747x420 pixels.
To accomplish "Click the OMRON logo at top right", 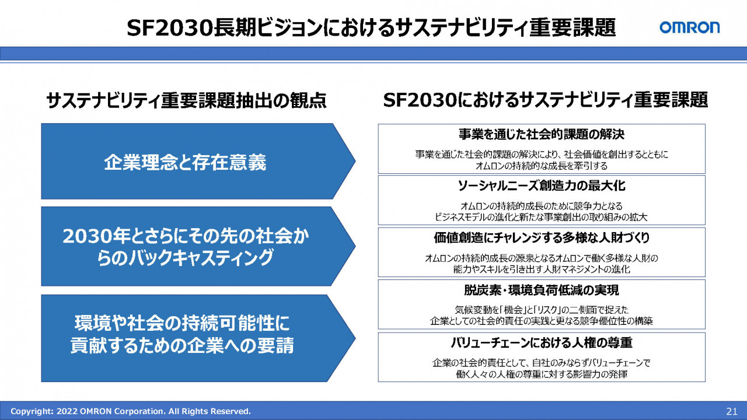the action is click(x=689, y=27).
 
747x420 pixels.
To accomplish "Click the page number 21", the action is click(x=731, y=411).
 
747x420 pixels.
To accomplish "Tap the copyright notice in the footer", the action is click(x=130, y=411).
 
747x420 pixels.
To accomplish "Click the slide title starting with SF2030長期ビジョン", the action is click(x=371, y=27).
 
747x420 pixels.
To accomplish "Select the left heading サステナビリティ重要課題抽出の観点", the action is click(x=186, y=100).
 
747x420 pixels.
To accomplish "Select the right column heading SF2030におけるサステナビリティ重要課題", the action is click(x=545, y=100).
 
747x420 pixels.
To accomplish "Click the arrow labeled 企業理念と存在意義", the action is click(x=198, y=162).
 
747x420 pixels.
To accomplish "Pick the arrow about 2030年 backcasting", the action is click(x=198, y=246).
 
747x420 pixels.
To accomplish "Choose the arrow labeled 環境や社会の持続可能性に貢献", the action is click(x=198, y=338).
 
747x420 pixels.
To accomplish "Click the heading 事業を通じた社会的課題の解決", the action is click(x=541, y=134).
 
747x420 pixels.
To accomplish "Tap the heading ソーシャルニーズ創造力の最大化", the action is click(x=541, y=185).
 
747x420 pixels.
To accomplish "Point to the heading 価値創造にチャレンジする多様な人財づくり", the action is click(x=542, y=237).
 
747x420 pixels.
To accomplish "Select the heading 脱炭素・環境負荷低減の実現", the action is click(x=541, y=290).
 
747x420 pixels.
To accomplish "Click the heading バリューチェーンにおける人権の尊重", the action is click(x=541, y=342).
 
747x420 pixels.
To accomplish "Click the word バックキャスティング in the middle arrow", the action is click(x=201, y=258).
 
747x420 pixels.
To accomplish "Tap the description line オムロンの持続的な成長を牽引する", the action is click(x=541, y=166).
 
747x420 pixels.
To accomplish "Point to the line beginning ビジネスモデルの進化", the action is click(x=541, y=218).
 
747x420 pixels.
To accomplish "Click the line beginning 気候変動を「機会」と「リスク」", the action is click(x=541, y=310).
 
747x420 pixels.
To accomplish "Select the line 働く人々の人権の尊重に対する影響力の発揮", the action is click(x=541, y=374).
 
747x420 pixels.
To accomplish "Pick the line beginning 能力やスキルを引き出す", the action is click(x=541, y=269).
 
